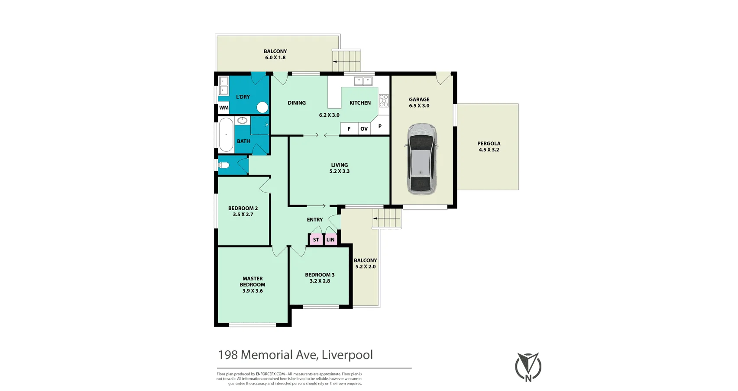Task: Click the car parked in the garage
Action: click(x=422, y=159)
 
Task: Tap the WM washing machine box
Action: click(x=224, y=108)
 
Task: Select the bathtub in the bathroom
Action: click(x=226, y=135)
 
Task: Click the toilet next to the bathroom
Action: click(x=224, y=165)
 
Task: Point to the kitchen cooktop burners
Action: click(x=384, y=101)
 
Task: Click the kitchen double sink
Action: click(x=363, y=81)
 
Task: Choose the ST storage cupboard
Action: click(x=316, y=240)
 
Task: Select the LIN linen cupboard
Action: click(x=330, y=240)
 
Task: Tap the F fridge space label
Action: click(x=349, y=129)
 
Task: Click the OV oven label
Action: click(x=364, y=129)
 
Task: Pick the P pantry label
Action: click(x=380, y=126)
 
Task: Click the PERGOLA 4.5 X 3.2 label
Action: click(x=489, y=147)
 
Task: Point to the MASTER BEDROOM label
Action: click(x=252, y=282)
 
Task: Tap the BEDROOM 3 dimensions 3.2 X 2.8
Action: click(x=320, y=281)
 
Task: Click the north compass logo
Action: click(x=528, y=367)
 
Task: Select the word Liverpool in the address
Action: click(x=347, y=355)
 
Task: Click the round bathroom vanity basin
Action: click(x=243, y=121)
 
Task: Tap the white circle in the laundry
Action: click(x=262, y=108)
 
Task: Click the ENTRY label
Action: click(x=315, y=220)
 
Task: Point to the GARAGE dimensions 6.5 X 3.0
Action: click(x=419, y=106)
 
